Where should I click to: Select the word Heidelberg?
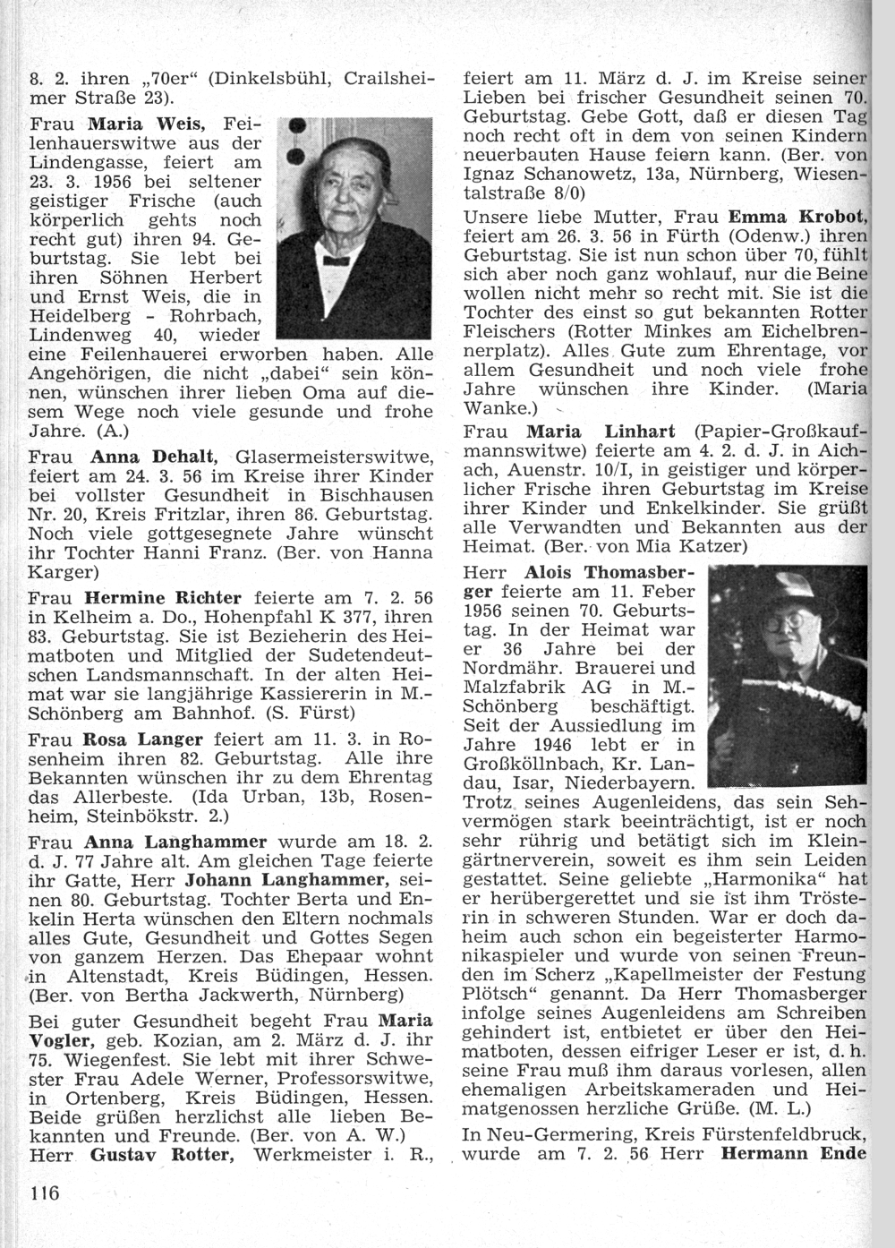pyautogui.click(x=78, y=315)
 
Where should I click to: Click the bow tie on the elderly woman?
pyautogui.click(x=336, y=260)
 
